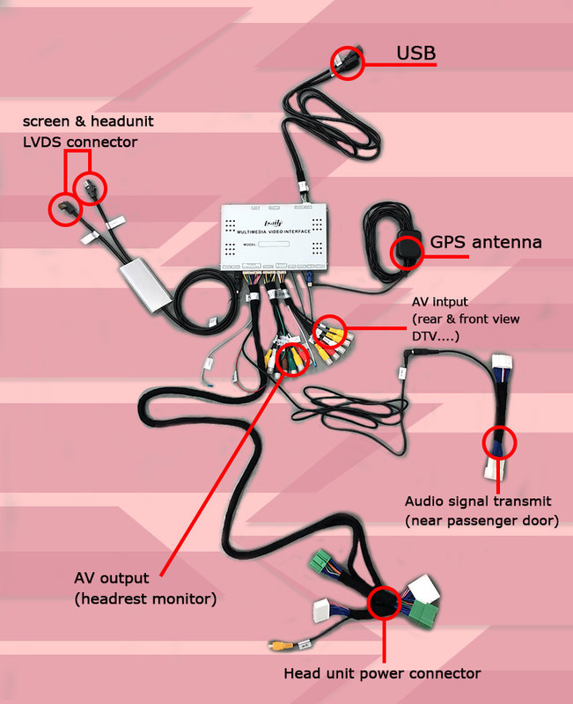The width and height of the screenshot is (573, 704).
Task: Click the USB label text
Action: click(416, 55)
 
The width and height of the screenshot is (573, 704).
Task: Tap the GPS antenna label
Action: click(486, 242)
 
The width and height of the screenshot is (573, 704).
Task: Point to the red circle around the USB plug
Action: click(347, 62)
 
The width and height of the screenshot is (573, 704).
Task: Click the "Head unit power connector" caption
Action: click(382, 674)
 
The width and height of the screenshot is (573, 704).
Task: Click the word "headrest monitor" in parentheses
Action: click(146, 599)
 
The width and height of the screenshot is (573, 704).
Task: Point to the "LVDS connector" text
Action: click(80, 141)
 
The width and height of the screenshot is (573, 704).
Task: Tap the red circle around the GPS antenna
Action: click(407, 251)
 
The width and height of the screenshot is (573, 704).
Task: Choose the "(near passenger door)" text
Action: click(482, 521)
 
